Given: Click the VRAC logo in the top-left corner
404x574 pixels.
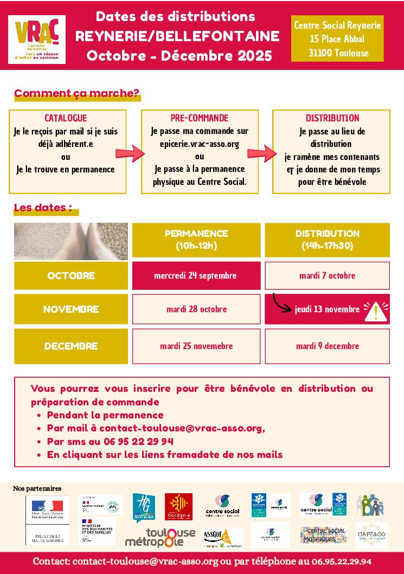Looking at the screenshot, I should (37, 40).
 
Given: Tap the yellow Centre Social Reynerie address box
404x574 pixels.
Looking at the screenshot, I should (337, 39).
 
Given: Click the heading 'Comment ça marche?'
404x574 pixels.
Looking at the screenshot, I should (76, 93).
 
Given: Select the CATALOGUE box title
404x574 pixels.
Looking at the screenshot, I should (66, 118).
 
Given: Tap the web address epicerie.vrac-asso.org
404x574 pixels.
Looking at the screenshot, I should (200, 144).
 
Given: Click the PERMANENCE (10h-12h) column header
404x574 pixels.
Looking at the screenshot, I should (196, 240).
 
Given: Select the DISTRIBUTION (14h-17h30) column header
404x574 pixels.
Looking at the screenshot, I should (327, 240).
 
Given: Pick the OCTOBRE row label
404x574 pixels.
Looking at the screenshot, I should (71, 275).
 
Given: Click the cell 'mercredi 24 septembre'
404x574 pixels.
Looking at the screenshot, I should (195, 275).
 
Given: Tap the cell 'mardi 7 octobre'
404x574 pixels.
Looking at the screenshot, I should (327, 275).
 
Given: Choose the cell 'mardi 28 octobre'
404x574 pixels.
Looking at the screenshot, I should (196, 309).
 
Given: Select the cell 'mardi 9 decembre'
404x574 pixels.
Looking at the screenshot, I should (327, 346).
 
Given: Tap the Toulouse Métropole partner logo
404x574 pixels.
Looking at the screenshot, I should (161, 536).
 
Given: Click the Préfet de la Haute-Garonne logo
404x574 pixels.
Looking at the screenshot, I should (47, 520).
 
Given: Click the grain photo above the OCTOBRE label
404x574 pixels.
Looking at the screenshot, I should (71, 241).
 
